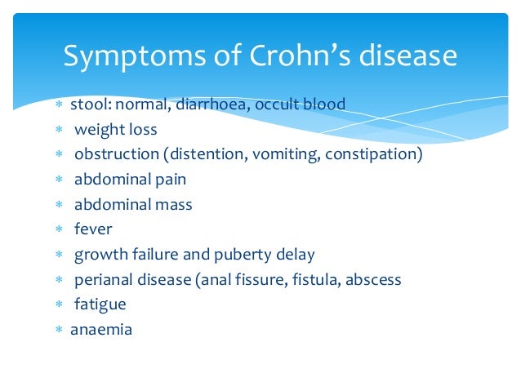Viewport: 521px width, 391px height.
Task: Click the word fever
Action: click(x=93, y=229)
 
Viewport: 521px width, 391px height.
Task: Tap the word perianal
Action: click(x=103, y=280)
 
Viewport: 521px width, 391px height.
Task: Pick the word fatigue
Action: click(x=100, y=305)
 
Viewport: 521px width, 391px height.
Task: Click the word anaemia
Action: click(x=101, y=330)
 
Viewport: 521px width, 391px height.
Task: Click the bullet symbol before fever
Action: click(x=59, y=230)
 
